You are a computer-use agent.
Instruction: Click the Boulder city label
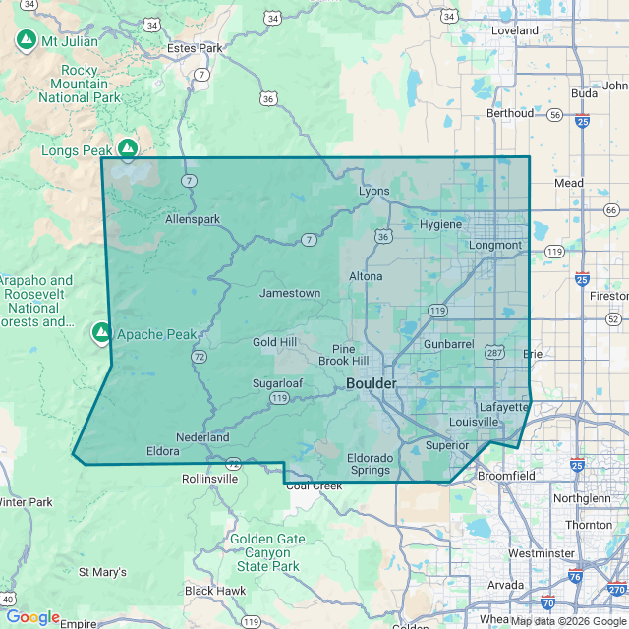[x=371, y=383]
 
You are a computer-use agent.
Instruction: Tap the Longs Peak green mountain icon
[x=128, y=148]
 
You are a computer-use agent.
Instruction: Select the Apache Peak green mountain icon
[x=101, y=334]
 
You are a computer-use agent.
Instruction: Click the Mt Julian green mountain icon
[x=27, y=41]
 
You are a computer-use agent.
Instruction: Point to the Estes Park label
[x=195, y=47]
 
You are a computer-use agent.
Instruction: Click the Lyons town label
[x=373, y=191]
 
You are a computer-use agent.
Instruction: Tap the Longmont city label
[x=495, y=245]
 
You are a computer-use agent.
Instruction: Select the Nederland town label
[x=202, y=437]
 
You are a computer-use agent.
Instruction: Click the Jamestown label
[x=289, y=293]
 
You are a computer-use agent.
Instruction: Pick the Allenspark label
[x=193, y=219]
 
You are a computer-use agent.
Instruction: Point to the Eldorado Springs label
[x=370, y=464]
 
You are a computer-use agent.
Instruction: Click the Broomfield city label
[x=506, y=476]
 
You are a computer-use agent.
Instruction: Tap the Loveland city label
[x=515, y=30]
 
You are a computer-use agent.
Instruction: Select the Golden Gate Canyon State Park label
[x=267, y=552]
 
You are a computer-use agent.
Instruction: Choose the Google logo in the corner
[x=32, y=616]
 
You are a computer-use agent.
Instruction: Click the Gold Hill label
[x=274, y=342]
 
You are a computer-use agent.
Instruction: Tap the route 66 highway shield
[x=611, y=210]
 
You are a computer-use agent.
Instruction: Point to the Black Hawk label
[x=215, y=591]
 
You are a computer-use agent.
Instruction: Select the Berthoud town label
[x=510, y=113]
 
